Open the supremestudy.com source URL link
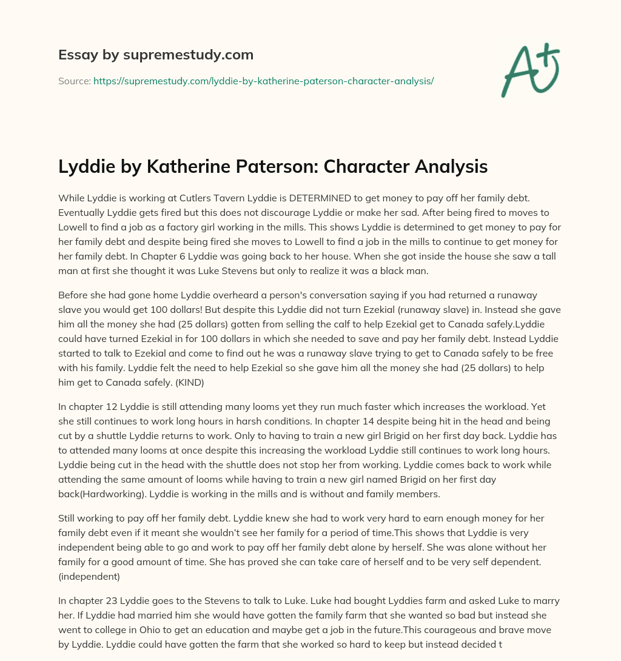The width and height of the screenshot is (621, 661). pos(263,81)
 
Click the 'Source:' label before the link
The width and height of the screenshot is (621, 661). pos(74,81)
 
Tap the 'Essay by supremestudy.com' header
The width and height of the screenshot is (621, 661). pos(155,55)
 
